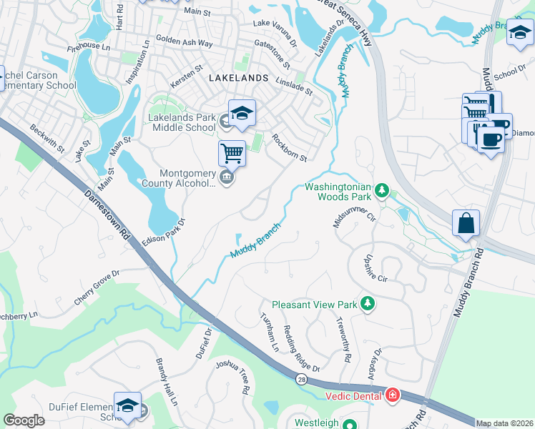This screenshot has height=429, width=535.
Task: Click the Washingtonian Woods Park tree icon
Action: (x=383, y=190)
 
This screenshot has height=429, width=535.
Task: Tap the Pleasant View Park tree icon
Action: (x=368, y=304)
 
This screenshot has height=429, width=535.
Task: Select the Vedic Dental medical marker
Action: (x=391, y=395)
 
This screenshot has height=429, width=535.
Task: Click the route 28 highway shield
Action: (x=302, y=380)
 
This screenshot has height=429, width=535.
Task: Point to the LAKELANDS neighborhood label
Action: (x=238, y=77)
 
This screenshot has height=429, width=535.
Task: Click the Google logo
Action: (x=24, y=420)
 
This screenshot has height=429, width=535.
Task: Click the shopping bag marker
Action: (x=466, y=222)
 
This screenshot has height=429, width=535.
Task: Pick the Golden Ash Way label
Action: (x=184, y=43)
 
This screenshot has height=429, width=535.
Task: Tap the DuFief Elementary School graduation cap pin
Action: (x=127, y=405)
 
